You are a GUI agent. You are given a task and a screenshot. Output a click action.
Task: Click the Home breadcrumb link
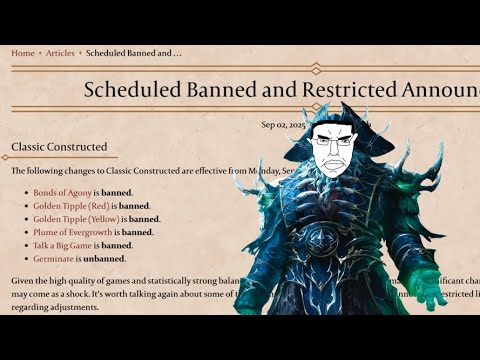click(x=22, y=53)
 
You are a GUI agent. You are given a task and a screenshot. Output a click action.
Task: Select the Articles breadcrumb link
click(x=60, y=53)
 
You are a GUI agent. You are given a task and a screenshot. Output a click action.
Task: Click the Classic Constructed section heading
click(x=59, y=147)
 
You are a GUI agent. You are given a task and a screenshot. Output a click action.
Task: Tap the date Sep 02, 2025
click(x=284, y=124)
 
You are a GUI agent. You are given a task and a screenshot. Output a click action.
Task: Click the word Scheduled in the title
click(x=131, y=89)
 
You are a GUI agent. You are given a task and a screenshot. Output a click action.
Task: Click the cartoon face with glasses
click(x=331, y=151)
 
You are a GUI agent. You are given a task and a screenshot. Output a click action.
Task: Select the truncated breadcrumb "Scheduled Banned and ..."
click(x=134, y=53)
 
